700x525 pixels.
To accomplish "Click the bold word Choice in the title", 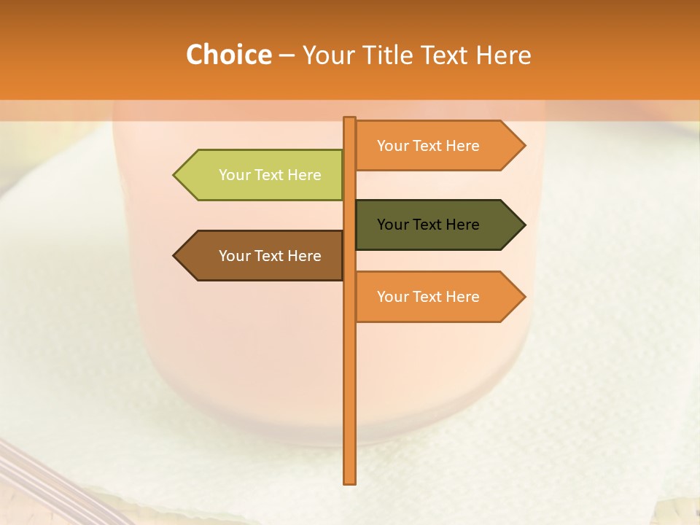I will click(228, 55).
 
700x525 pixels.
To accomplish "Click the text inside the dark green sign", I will click(428, 225).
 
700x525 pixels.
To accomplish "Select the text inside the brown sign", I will click(270, 256).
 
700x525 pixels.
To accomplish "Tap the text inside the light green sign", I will click(270, 175).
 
